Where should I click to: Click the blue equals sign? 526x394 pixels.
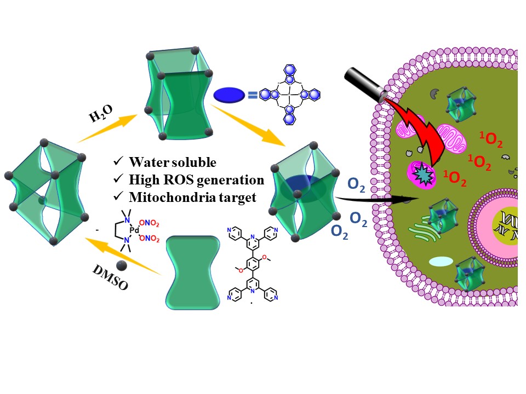pos(252,96)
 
